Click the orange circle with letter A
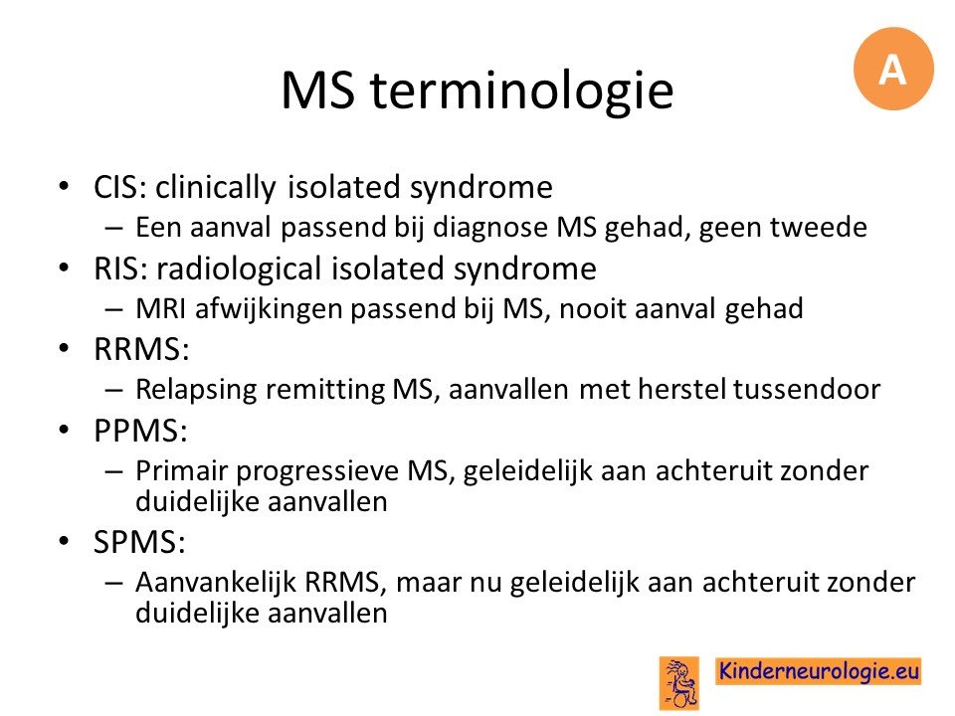point(893,69)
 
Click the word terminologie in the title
point(522,89)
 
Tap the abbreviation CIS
point(117,186)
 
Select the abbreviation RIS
point(117,268)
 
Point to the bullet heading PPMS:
point(140,431)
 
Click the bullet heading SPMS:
point(139,541)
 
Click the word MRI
point(161,308)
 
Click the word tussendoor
point(807,389)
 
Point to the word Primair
point(181,470)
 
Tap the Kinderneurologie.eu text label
point(818,671)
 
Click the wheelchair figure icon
point(679,683)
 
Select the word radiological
point(238,269)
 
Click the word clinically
point(215,188)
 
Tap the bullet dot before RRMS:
point(64,348)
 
